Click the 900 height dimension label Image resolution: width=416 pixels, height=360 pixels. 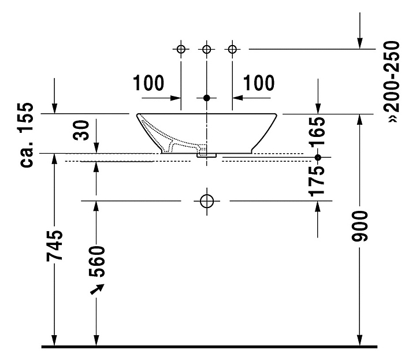pyautogui.click(x=360, y=227)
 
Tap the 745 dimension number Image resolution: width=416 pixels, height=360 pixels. pyautogui.click(x=55, y=246)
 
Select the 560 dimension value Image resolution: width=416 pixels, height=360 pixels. pyautogui.click(x=97, y=262)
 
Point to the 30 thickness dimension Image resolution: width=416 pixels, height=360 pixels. pyautogui.click(x=81, y=130)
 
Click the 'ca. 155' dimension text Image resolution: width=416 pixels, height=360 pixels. pyautogui.click(x=27, y=135)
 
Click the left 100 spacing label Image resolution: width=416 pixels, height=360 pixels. pyautogui.click(x=148, y=83)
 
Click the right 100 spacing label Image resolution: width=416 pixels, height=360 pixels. pyautogui.click(x=259, y=83)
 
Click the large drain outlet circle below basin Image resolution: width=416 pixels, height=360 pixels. pyautogui.click(x=207, y=201)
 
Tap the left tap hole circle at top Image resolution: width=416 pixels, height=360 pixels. pyautogui.click(x=181, y=49)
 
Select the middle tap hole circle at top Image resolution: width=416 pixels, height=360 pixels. pyautogui.click(x=207, y=49)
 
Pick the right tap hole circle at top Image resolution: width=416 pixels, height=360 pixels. pyautogui.click(x=232, y=49)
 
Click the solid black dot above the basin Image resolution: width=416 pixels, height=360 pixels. pyautogui.click(x=207, y=98)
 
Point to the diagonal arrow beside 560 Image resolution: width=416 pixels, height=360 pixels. pyautogui.click(x=97, y=289)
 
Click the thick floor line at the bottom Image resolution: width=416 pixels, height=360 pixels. pyautogui.click(x=209, y=347)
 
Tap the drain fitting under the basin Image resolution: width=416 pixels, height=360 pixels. pyautogui.click(x=207, y=155)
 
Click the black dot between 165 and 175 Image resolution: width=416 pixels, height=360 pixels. pyautogui.click(x=318, y=157)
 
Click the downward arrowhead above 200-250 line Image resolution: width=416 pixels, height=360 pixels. pyautogui.click(x=360, y=43)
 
